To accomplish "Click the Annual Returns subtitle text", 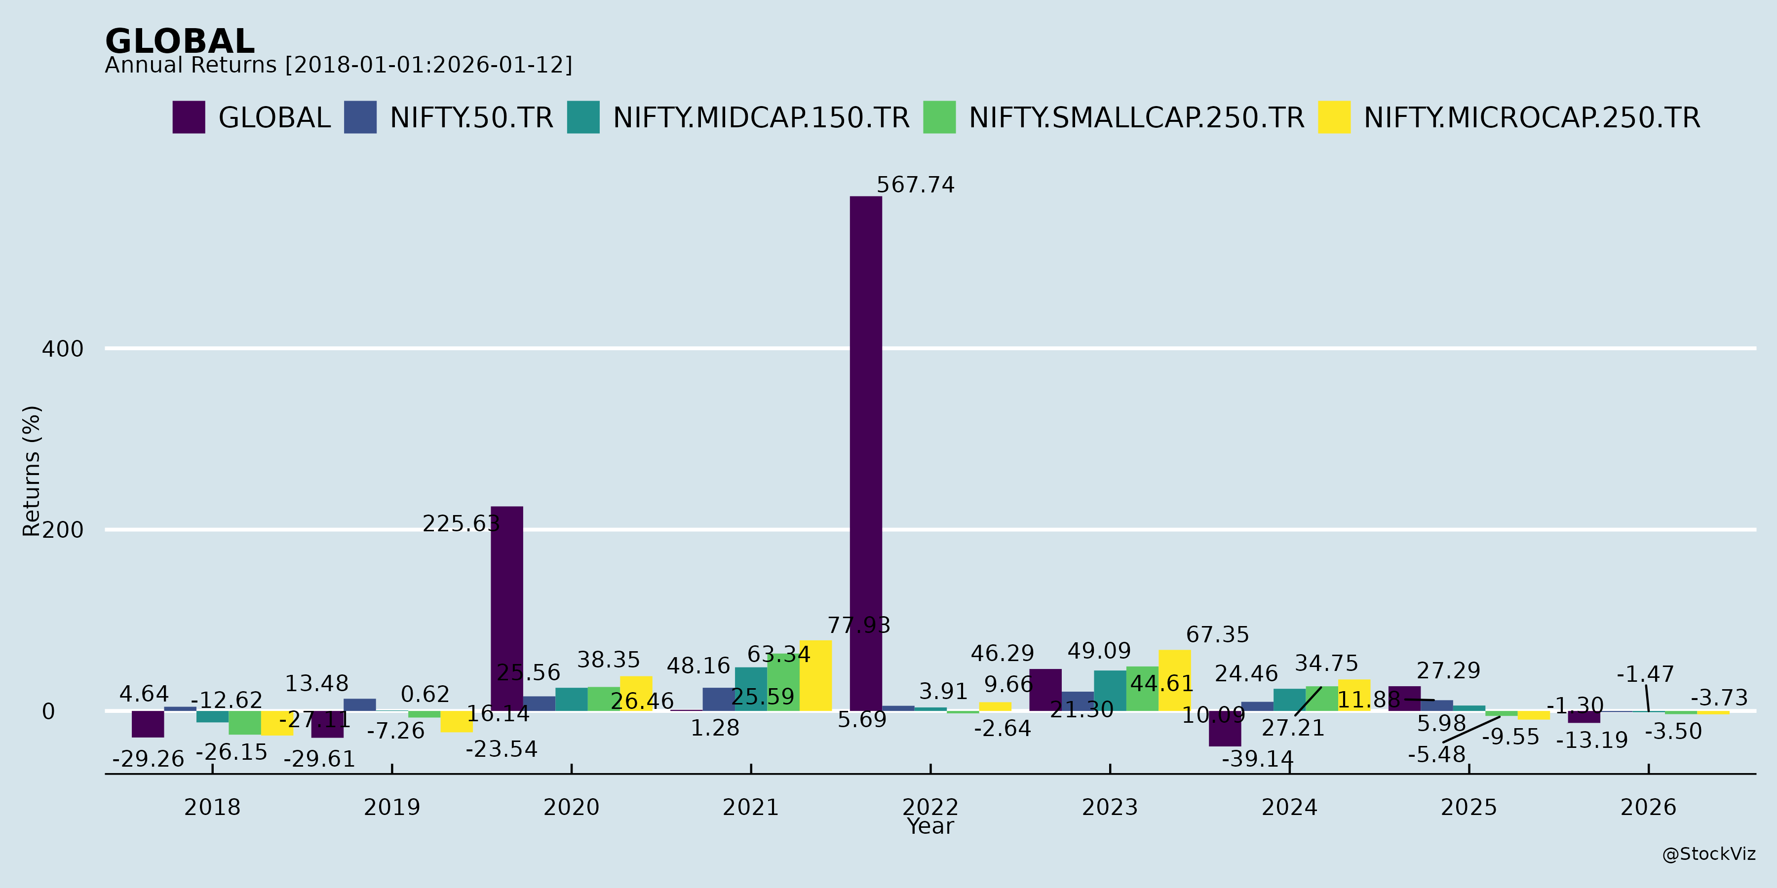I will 338,66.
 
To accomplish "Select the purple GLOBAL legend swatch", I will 189,117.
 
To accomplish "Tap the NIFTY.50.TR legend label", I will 471,118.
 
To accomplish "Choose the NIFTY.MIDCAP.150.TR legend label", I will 761,118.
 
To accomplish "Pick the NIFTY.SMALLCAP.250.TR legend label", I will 1136,118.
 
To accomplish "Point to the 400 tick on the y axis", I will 63,349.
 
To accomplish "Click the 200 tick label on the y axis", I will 63,530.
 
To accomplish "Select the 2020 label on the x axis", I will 571,807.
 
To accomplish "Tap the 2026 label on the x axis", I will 1648,807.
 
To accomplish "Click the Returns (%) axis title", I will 32,471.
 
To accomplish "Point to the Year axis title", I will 930,826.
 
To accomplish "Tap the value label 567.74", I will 916,185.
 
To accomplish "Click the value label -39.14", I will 1258,759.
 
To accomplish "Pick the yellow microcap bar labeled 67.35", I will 1175,680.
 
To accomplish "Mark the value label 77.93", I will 859,626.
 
